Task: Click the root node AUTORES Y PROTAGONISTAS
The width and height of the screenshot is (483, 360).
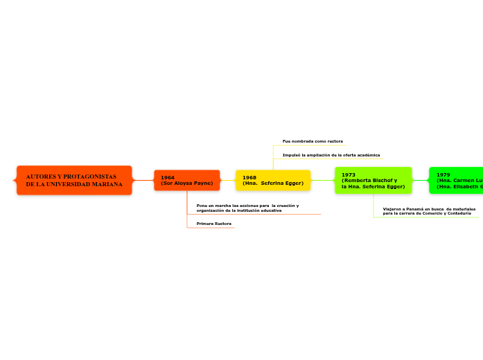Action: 74,180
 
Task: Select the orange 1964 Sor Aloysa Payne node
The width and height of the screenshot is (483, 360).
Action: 186,180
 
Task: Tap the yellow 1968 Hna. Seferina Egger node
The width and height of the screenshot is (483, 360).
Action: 273,180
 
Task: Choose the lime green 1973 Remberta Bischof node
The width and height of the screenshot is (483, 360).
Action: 373,180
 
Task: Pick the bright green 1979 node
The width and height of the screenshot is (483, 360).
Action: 456,180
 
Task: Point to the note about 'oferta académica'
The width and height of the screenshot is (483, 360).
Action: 331,155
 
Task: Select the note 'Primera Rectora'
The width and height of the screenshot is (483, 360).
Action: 214,224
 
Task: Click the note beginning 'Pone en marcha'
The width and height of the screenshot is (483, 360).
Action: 247,208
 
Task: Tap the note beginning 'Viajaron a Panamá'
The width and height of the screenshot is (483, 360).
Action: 429,210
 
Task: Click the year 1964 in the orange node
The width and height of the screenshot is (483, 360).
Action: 168,178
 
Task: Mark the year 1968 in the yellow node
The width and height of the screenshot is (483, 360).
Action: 249,178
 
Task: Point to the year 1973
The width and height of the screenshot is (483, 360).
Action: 349,175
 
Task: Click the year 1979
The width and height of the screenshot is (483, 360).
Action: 444,175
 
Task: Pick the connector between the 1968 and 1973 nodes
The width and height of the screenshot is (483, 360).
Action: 322,180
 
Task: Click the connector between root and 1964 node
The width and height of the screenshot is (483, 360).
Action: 143,180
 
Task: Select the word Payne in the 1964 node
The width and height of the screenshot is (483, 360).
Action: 203,183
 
